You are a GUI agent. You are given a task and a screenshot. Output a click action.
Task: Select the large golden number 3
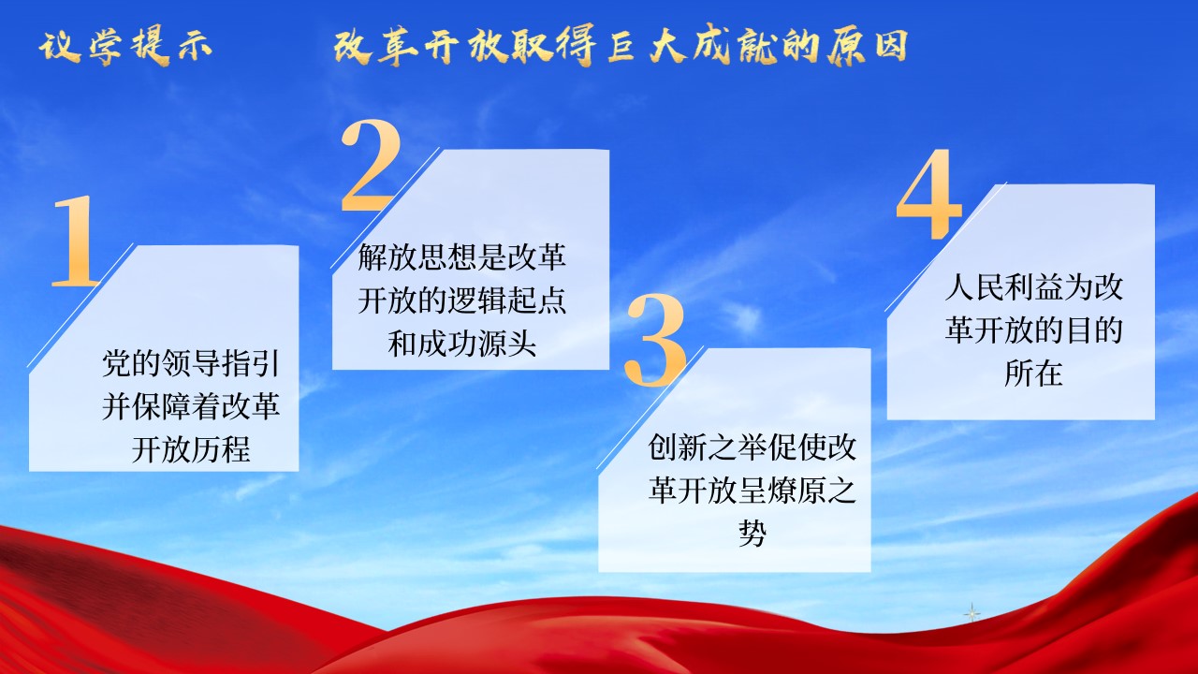(x=655, y=339)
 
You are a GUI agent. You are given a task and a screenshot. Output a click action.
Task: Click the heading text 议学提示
(x=125, y=46)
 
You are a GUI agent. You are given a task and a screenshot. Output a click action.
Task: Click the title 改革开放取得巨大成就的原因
(x=621, y=46)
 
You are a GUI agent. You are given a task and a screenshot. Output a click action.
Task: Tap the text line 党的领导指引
(x=191, y=363)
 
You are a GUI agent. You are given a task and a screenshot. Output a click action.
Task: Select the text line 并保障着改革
(x=191, y=406)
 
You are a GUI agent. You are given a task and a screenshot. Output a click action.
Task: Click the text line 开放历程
(x=191, y=448)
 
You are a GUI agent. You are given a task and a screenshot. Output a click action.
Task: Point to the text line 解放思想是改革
(x=462, y=256)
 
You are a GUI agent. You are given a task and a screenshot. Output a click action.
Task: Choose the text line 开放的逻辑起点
(x=462, y=300)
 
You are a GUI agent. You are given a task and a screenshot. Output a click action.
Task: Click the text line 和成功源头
(x=462, y=344)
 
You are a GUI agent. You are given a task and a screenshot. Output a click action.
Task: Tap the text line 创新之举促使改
(x=752, y=447)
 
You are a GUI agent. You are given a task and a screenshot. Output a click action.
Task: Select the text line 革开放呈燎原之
(x=752, y=490)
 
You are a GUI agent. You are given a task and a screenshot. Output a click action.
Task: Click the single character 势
(x=752, y=533)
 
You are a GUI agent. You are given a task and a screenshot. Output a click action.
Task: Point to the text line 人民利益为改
(x=1033, y=287)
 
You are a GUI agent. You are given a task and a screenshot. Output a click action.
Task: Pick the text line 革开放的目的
(x=1033, y=330)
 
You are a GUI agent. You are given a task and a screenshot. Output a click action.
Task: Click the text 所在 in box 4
(x=1033, y=374)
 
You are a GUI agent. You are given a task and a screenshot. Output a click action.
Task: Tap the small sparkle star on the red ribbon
(x=972, y=613)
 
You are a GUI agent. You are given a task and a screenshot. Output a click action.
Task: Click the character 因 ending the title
(x=891, y=46)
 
